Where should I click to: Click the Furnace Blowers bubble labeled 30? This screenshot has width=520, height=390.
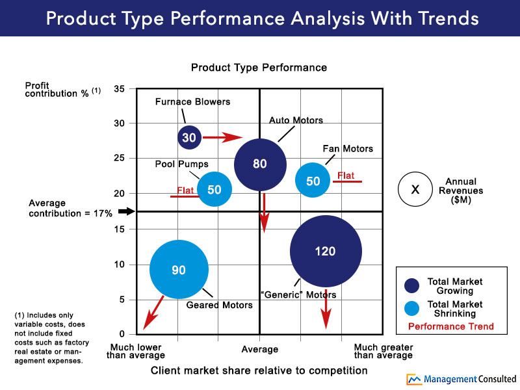(x=188, y=137)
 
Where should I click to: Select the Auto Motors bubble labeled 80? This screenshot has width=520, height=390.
(x=260, y=164)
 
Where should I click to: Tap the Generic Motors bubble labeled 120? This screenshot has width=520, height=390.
(x=326, y=252)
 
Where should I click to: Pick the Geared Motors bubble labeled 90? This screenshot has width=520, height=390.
(x=179, y=270)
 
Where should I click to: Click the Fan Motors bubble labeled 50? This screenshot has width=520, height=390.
(x=313, y=181)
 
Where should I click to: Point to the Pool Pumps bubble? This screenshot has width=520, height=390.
(x=214, y=190)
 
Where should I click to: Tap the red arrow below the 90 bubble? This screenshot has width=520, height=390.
(x=153, y=313)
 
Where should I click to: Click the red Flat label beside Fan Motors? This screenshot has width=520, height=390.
(x=346, y=175)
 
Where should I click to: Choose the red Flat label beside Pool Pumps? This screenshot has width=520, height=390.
(x=186, y=190)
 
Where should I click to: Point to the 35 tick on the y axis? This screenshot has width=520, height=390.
(x=120, y=88)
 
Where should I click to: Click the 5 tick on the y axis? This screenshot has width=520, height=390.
(x=122, y=299)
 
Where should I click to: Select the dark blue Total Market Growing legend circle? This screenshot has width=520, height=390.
(x=411, y=286)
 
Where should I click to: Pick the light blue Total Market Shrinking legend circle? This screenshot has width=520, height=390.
(x=411, y=309)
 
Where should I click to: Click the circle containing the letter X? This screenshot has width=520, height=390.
(x=416, y=190)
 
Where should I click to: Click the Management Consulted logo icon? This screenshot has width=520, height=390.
(x=414, y=379)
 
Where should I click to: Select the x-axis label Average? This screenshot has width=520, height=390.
(x=259, y=350)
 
